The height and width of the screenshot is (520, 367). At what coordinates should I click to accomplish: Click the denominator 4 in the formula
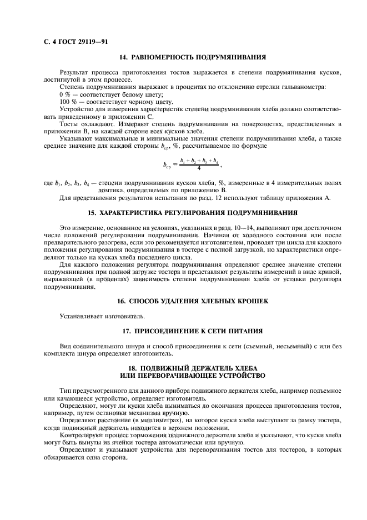pos(198,168)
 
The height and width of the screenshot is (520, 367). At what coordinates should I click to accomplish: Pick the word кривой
pos(329,273)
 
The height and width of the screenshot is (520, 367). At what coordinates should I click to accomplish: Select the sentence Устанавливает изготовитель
pos(94,316)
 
